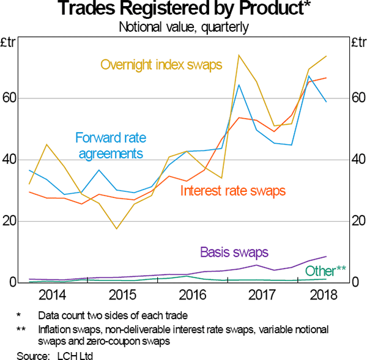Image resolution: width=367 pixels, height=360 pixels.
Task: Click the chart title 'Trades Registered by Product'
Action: [x=183, y=10]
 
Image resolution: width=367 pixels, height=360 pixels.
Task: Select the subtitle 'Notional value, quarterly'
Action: [x=182, y=26]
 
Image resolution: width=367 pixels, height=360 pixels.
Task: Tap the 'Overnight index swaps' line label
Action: [x=161, y=65]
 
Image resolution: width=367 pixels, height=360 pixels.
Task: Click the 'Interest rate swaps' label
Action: [x=233, y=191]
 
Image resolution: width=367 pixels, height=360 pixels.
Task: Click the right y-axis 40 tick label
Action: [x=357, y=160]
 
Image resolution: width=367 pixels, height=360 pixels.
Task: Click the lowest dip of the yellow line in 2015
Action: [x=116, y=229]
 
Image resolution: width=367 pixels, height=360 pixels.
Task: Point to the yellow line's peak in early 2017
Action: [x=239, y=55]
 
